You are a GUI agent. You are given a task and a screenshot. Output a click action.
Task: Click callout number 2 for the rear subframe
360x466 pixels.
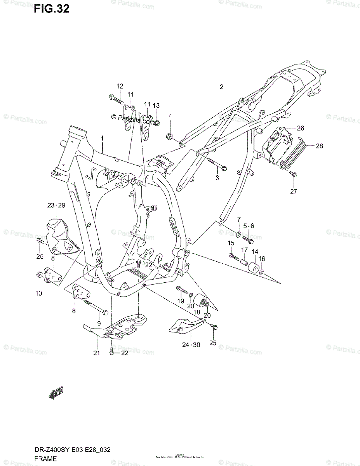click(221, 87)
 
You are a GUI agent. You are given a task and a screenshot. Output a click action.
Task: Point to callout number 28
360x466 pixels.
click(319, 146)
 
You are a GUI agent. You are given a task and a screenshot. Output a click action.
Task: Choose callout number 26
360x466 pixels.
click(301, 128)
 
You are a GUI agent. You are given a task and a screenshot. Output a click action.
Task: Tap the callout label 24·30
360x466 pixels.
click(191, 344)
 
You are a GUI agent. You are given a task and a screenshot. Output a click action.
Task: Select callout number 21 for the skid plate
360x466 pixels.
click(96, 353)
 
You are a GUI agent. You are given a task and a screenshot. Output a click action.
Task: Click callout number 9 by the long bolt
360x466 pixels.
click(99, 323)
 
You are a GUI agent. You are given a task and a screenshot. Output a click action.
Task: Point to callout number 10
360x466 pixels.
click(38, 293)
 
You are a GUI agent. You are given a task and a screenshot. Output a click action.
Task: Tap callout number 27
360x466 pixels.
click(293, 191)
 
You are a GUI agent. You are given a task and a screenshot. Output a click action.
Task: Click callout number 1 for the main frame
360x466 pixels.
click(103, 139)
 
